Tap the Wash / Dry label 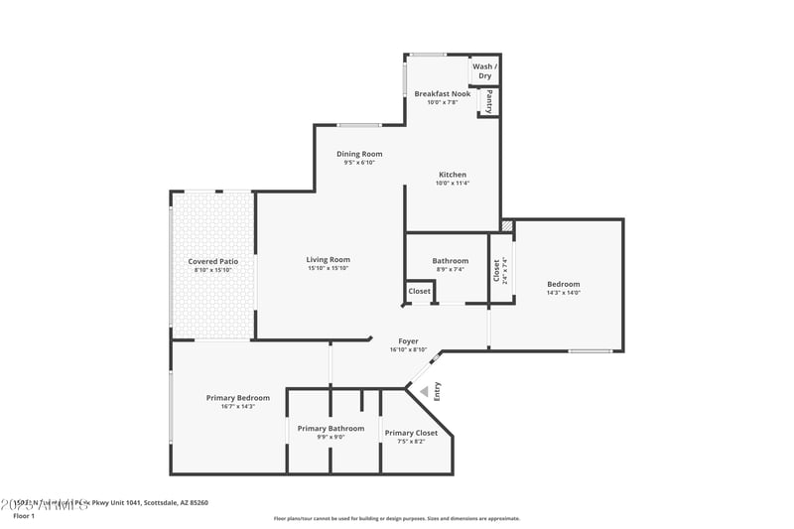[485, 71]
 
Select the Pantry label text [489, 101]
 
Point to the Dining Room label [359, 154]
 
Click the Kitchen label [452, 175]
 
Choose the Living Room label [328, 260]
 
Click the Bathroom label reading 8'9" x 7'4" [450, 269]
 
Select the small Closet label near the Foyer [419, 292]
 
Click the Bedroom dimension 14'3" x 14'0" [563, 293]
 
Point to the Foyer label [409, 340]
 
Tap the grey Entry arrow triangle [424, 392]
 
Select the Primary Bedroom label [238, 398]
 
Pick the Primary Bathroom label [331, 428]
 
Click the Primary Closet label [411, 433]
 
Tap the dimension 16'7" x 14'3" [238, 406]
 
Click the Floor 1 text [24, 516]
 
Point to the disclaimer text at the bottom [396, 518]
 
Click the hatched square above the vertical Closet [507, 227]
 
